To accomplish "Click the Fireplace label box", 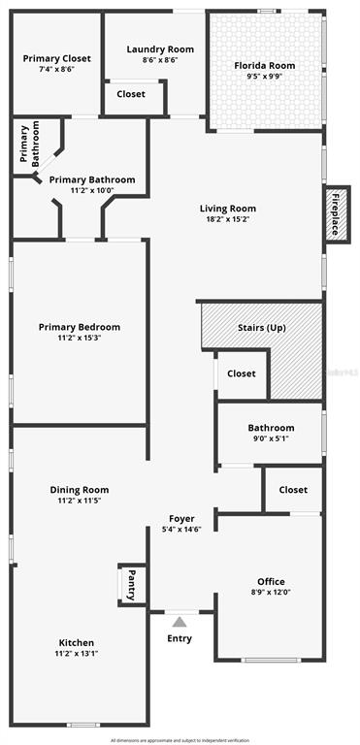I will pyautogui.click(x=337, y=213).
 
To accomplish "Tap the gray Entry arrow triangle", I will pyautogui.click(x=180, y=623).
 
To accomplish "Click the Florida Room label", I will pyautogui.click(x=265, y=66).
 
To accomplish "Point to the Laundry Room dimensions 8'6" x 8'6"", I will pyautogui.click(x=160, y=60).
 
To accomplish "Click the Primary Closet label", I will pyautogui.click(x=56, y=57).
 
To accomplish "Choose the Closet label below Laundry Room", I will pyautogui.click(x=131, y=94).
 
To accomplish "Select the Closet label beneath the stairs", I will pyautogui.click(x=241, y=373).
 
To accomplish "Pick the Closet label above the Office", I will pyautogui.click(x=293, y=490).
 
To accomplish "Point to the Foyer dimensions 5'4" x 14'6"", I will pyautogui.click(x=181, y=530).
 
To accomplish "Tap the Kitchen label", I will pyautogui.click(x=77, y=642).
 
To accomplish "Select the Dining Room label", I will pyautogui.click(x=80, y=490).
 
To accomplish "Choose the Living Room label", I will pyautogui.click(x=228, y=208).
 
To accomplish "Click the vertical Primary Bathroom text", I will pyautogui.click(x=30, y=146).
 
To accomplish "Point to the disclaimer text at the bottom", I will pyautogui.click(x=180, y=739).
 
